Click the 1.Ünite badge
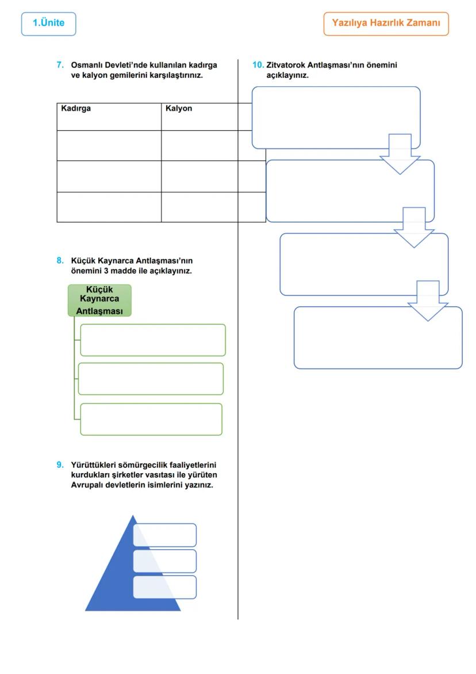[x=48, y=24]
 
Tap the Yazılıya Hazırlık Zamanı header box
[x=386, y=24]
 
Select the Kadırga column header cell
[x=109, y=116]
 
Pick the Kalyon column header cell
[x=199, y=116]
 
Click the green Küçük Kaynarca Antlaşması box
[x=99, y=300]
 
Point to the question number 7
[x=60, y=65]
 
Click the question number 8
[x=60, y=260]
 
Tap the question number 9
[x=60, y=464]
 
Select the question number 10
[x=258, y=65]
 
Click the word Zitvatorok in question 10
[x=285, y=65]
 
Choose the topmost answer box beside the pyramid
[x=165, y=535]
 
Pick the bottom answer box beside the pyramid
[x=165, y=587]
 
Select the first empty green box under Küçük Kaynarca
[x=153, y=340]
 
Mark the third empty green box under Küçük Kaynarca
[x=151, y=419]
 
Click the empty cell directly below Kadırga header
[x=109, y=145]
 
